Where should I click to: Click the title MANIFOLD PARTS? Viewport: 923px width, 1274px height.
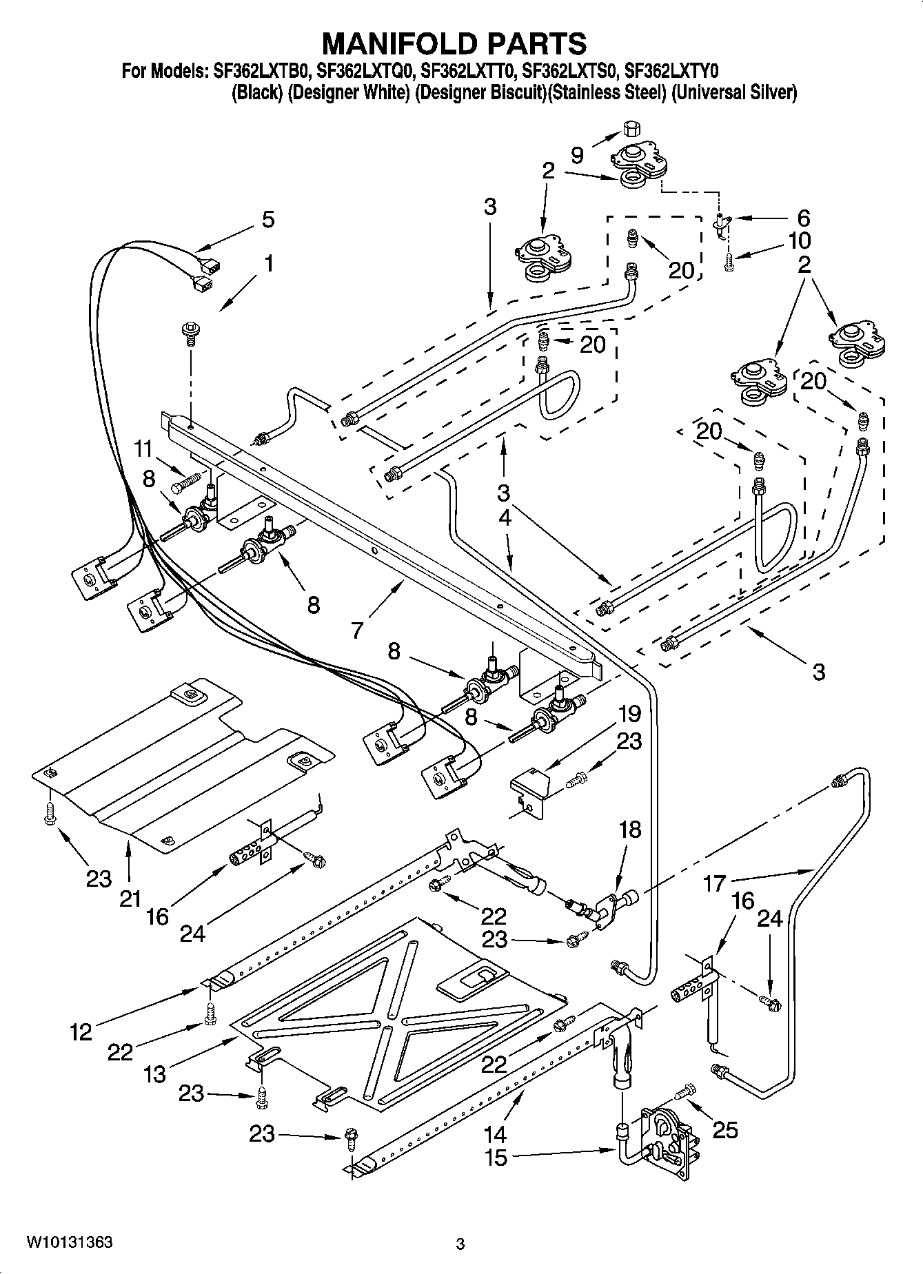(455, 43)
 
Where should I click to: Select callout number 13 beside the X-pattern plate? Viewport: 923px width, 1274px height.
(155, 1073)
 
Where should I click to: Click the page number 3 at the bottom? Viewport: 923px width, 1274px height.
(460, 1244)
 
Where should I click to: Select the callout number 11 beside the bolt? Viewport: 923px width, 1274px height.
(143, 449)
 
